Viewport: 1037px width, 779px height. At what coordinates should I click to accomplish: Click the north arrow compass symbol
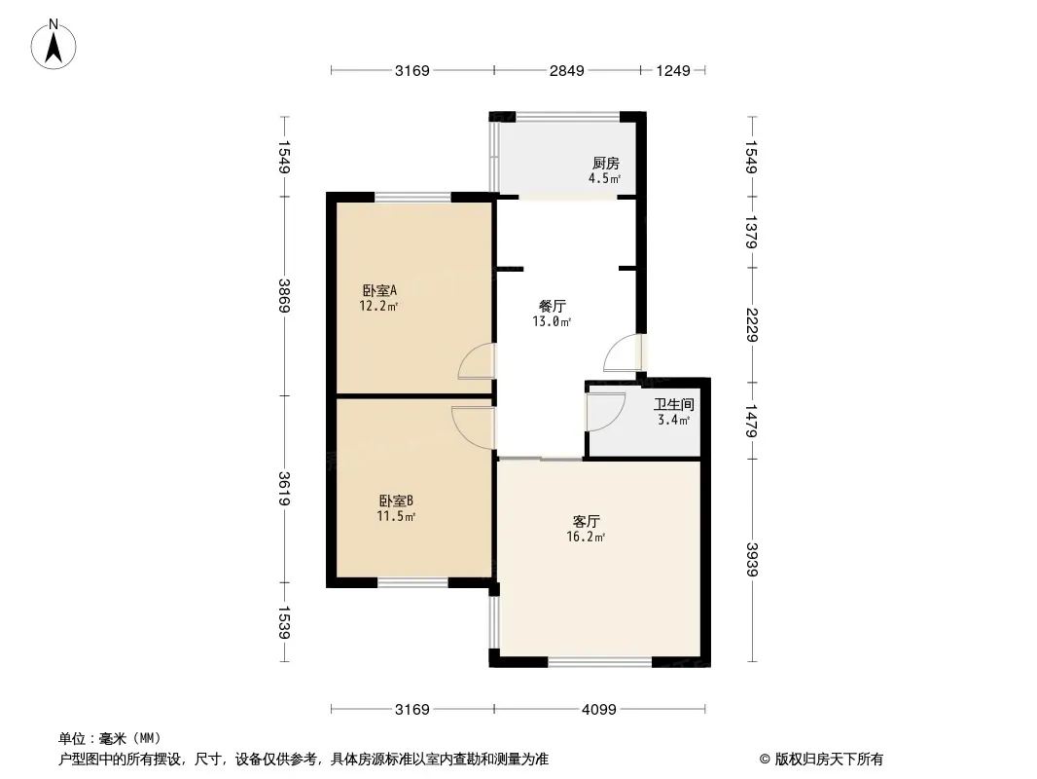click(54, 45)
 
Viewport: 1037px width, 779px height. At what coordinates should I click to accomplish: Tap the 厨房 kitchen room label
click(605, 164)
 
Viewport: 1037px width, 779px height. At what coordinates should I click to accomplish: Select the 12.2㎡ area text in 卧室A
click(378, 305)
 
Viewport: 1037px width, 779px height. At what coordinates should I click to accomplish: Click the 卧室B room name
click(397, 501)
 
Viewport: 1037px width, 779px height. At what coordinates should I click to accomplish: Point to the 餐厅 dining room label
click(552, 306)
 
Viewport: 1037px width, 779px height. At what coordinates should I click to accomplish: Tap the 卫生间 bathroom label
click(673, 404)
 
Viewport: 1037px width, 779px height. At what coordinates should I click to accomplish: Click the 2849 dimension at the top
click(566, 70)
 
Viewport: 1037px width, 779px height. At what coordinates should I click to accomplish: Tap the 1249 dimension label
click(673, 70)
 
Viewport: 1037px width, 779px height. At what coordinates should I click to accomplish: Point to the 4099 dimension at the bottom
click(599, 709)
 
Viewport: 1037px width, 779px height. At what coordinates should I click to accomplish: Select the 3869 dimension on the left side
click(284, 295)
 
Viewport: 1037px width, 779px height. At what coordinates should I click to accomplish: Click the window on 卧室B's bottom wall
click(412, 583)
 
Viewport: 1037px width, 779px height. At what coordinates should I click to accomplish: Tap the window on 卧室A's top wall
click(412, 198)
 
